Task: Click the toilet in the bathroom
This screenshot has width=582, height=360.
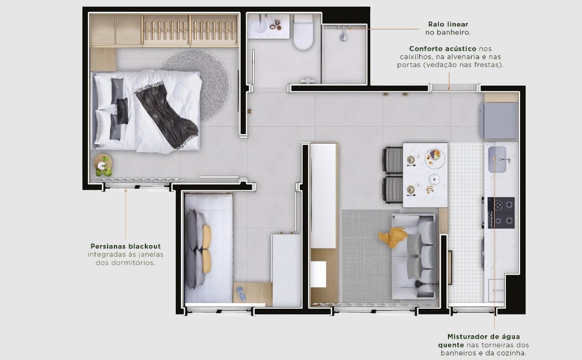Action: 303,34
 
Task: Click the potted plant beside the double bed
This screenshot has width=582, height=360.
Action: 103,165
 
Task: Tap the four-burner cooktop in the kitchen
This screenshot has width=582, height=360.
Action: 501,212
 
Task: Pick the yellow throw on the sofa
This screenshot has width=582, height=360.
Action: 393,237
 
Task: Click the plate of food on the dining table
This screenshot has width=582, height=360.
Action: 434,157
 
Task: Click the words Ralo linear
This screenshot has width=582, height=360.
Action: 448,24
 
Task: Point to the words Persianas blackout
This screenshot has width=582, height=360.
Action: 126,246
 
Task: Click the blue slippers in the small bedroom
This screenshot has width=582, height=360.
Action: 241,292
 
